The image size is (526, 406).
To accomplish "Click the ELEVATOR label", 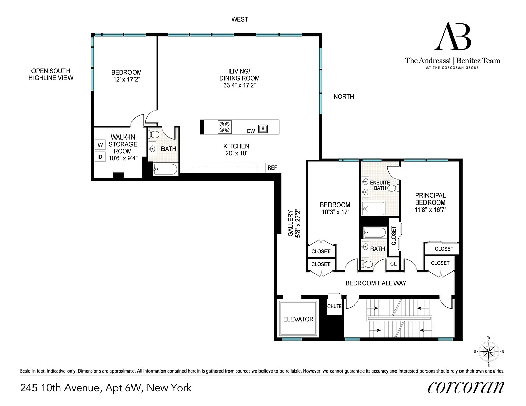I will [x=298, y=319].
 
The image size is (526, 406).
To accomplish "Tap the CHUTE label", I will [x=334, y=306].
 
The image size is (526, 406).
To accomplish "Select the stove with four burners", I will [x=224, y=127].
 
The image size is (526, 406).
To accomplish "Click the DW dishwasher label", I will [x=251, y=131].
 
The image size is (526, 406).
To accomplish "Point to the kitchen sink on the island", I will [x=263, y=128].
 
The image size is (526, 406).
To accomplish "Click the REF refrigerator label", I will [x=272, y=167].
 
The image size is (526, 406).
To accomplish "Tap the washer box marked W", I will [x=100, y=145].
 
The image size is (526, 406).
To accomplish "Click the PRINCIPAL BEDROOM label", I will [x=430, y=198].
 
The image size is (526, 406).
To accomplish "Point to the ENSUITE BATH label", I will [x=380, y=185].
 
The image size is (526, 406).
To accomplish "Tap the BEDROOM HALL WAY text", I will [x=376, y=283].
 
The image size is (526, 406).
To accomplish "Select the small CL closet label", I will [x=392, y=263].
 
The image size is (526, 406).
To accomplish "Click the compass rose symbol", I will [x=489, y=351].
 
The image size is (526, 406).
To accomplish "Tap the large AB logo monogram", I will [x=452, y=38].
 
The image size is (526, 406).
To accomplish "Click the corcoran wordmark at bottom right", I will [x=466, y=387].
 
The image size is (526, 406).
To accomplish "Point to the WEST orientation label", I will [x=239, y=19].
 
